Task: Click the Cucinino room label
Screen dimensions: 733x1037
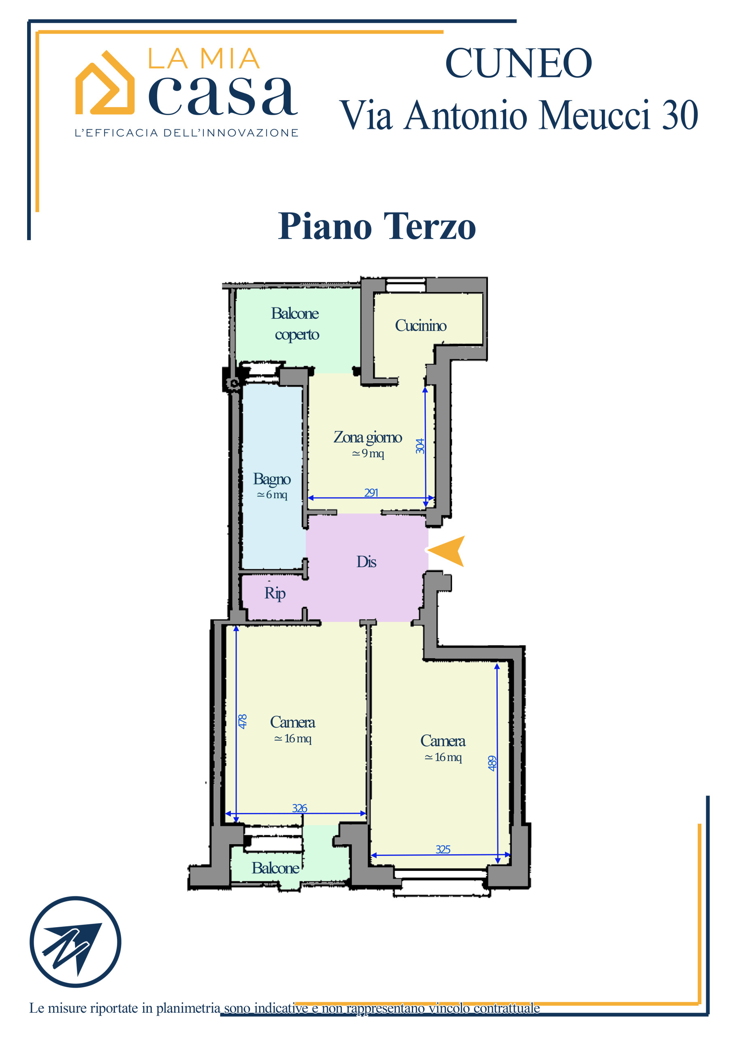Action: [420, 326]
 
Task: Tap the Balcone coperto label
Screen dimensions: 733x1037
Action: [295, 324]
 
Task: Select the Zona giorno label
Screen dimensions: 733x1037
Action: [368, 437]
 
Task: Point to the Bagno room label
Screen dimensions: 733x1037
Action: [272, 479]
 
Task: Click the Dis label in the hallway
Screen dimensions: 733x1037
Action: [366, 562]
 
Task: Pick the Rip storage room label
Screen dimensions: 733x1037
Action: [275, 593]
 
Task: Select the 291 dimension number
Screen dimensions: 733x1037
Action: [371, 493]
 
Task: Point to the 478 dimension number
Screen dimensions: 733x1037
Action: [243, 721]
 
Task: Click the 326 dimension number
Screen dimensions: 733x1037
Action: [299, 808]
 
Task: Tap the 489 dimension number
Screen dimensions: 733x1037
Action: [492, 763]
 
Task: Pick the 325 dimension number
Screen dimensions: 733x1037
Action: [443, 849]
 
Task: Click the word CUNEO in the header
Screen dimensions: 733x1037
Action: [518, 63]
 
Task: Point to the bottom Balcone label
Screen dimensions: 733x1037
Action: [275, 868]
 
